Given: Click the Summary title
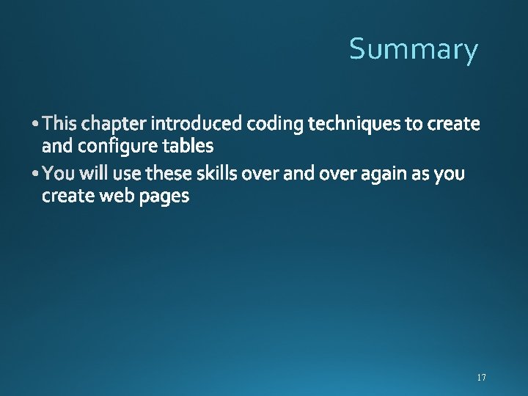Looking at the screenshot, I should click(414, 49).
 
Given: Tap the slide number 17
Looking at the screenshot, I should click(481, 378).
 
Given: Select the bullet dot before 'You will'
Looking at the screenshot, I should click(37, 175).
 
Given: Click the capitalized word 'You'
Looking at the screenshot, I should click(56, 175).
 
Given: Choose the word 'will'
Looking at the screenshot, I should click(89, 174).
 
